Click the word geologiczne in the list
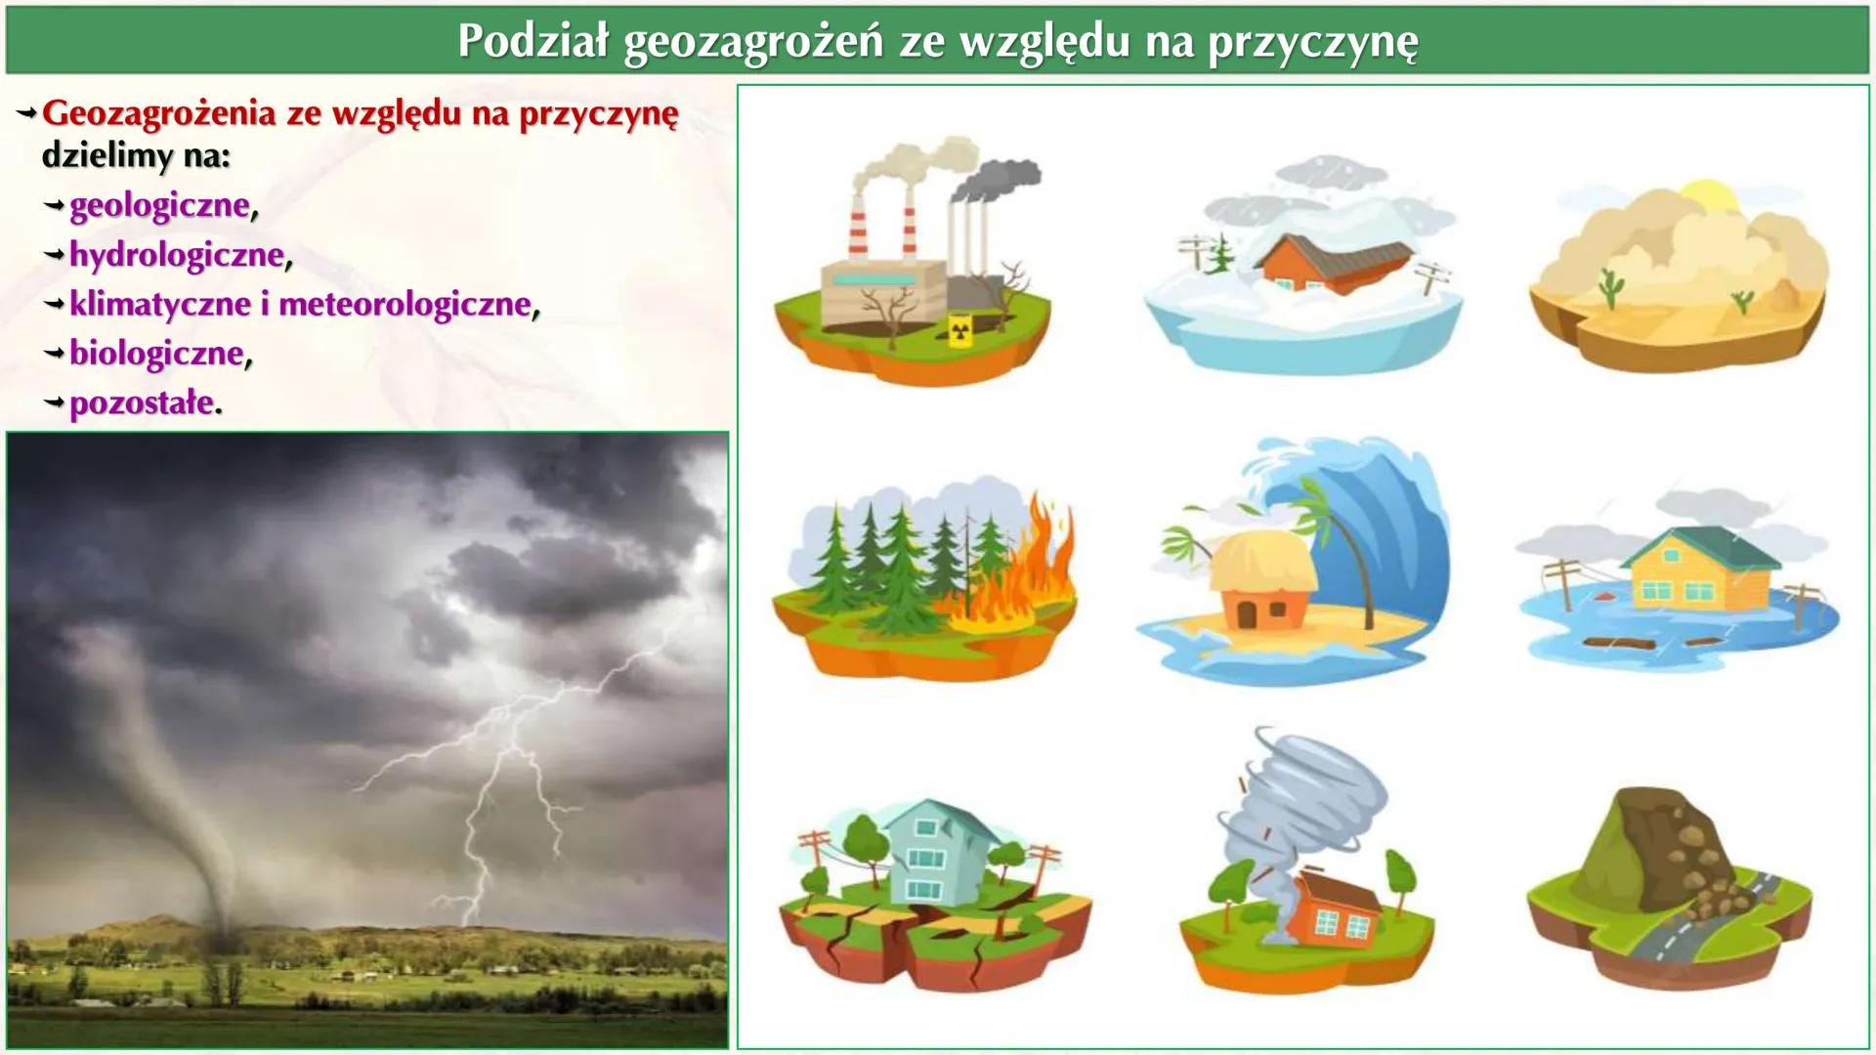tap(159, 206)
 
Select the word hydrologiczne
tap(176, 255)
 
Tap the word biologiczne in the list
tap(156, 353)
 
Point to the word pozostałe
tap(142, 402)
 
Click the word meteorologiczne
tap(405, 304)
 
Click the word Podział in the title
tap(533, 41)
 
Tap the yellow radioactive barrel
tap(961, 330)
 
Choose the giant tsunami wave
tap(1387, 527)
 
